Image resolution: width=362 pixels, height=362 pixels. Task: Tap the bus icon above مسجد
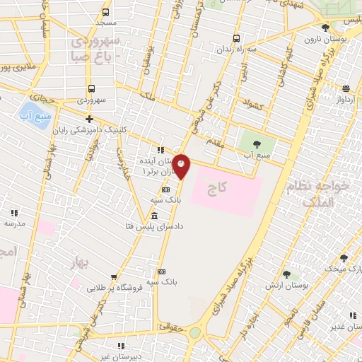106,13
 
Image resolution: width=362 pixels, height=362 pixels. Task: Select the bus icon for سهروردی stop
92,89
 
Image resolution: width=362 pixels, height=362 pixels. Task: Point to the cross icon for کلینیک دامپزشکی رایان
89,119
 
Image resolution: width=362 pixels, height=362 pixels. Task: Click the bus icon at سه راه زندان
236,39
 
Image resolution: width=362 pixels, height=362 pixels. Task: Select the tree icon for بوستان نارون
325,28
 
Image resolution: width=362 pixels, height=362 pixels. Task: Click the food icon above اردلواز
346,88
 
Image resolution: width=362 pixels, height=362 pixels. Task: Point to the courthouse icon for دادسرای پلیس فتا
155,216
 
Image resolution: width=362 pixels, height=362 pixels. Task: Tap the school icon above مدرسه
13,212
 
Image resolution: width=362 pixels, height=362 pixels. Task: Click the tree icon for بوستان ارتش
286,274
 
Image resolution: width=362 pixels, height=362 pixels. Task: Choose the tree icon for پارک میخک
344,259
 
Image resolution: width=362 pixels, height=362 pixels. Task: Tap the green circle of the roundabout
194,332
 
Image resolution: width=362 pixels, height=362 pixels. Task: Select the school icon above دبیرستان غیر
120,346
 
